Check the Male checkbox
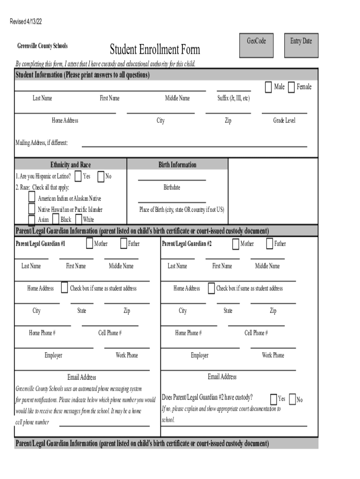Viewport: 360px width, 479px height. [268, 87]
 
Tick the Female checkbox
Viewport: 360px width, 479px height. [291, 87]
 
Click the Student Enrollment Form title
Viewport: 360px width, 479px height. [155, 49]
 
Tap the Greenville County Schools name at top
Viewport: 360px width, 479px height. [43, 46]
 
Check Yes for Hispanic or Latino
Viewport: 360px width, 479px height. [78, 176]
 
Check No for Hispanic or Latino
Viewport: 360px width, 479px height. [101, 177]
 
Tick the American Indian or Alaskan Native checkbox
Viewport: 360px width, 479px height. [32, 197]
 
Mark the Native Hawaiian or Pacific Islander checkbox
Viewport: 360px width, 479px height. [32, 209]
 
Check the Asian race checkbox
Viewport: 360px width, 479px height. [32, 220]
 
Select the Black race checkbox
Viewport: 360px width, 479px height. [55, 219]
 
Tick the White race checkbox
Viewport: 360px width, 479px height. [79, 219]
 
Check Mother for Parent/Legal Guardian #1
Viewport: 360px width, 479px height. [89, 244]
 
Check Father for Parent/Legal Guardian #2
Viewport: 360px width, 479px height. [270, 244]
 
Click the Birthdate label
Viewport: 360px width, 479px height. [172, 188]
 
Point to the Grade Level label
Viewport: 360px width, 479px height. [284, 121]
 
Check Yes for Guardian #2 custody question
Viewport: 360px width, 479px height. [274, 399]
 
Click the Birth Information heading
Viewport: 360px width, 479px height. [177, 165]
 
